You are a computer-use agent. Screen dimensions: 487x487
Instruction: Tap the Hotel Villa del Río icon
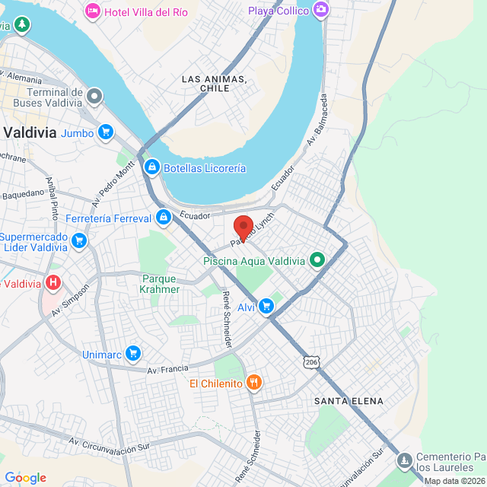tap(92, 11)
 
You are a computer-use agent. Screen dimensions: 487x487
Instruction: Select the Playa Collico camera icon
tap(321, 10)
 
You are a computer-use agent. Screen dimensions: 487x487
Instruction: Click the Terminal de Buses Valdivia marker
tap(94, 96)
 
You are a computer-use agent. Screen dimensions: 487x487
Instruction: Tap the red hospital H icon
tap(53, 283)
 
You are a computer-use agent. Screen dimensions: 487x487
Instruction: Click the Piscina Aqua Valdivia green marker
tap(318, 261)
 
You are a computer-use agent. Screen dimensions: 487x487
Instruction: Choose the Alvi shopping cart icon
tap(266, 307)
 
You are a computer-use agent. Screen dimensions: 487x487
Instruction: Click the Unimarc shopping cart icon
tap(133, 353)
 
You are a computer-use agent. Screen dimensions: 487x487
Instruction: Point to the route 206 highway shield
tap(310, 363)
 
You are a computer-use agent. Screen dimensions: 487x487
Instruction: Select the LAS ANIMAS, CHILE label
tap(215, 84)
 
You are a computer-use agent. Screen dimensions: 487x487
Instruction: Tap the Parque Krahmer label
tap(161, 284)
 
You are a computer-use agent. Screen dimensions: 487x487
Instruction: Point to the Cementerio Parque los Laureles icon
tap(404, 461)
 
